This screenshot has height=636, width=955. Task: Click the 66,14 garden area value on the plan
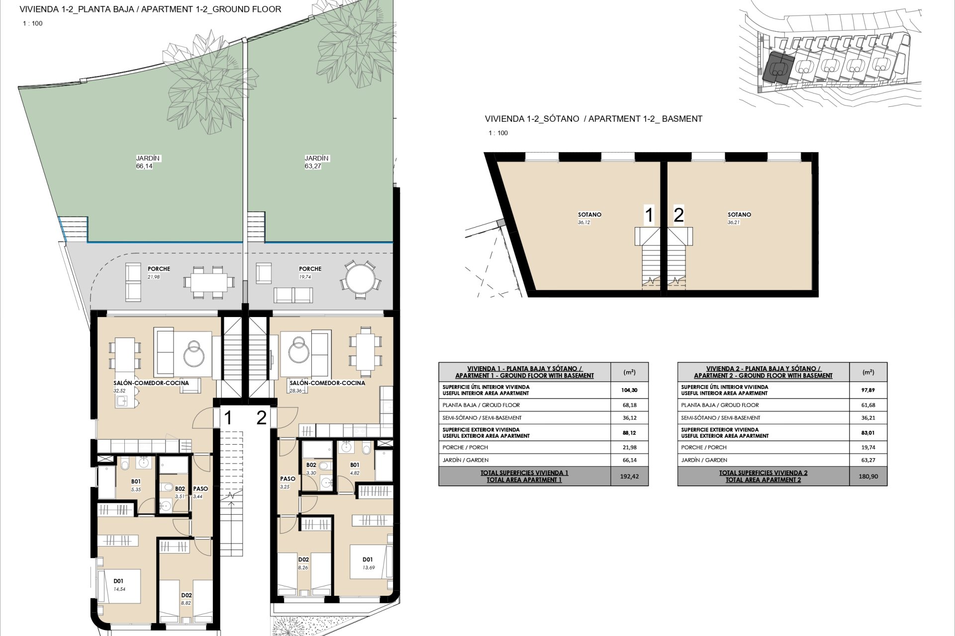point(144,166)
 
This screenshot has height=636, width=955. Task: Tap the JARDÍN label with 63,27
point(317,158)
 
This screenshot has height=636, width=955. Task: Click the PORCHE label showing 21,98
point(159,269)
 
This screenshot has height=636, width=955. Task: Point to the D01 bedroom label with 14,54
point(118,581)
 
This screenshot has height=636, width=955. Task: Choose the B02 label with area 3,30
point(311,465)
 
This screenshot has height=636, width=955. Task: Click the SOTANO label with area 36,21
point(739,215)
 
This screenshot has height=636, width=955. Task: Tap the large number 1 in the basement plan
point(649,216)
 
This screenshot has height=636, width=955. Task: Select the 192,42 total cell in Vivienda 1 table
point(629,476)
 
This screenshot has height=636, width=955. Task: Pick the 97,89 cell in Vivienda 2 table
point(868,390)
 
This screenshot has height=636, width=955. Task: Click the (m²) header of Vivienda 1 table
point(629,372)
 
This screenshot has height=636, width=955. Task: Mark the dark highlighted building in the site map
point(777,70)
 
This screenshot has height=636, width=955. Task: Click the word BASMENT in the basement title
point(682,119)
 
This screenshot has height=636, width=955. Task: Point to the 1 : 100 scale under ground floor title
point(33,23)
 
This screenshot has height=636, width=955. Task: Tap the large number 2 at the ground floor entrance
point(261,418)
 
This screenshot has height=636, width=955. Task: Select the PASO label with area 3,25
point(287,479)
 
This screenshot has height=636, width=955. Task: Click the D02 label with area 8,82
point(187,595)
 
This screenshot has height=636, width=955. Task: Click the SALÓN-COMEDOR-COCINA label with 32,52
point(151,383)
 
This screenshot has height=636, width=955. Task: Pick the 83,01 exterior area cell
point(868,433)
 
